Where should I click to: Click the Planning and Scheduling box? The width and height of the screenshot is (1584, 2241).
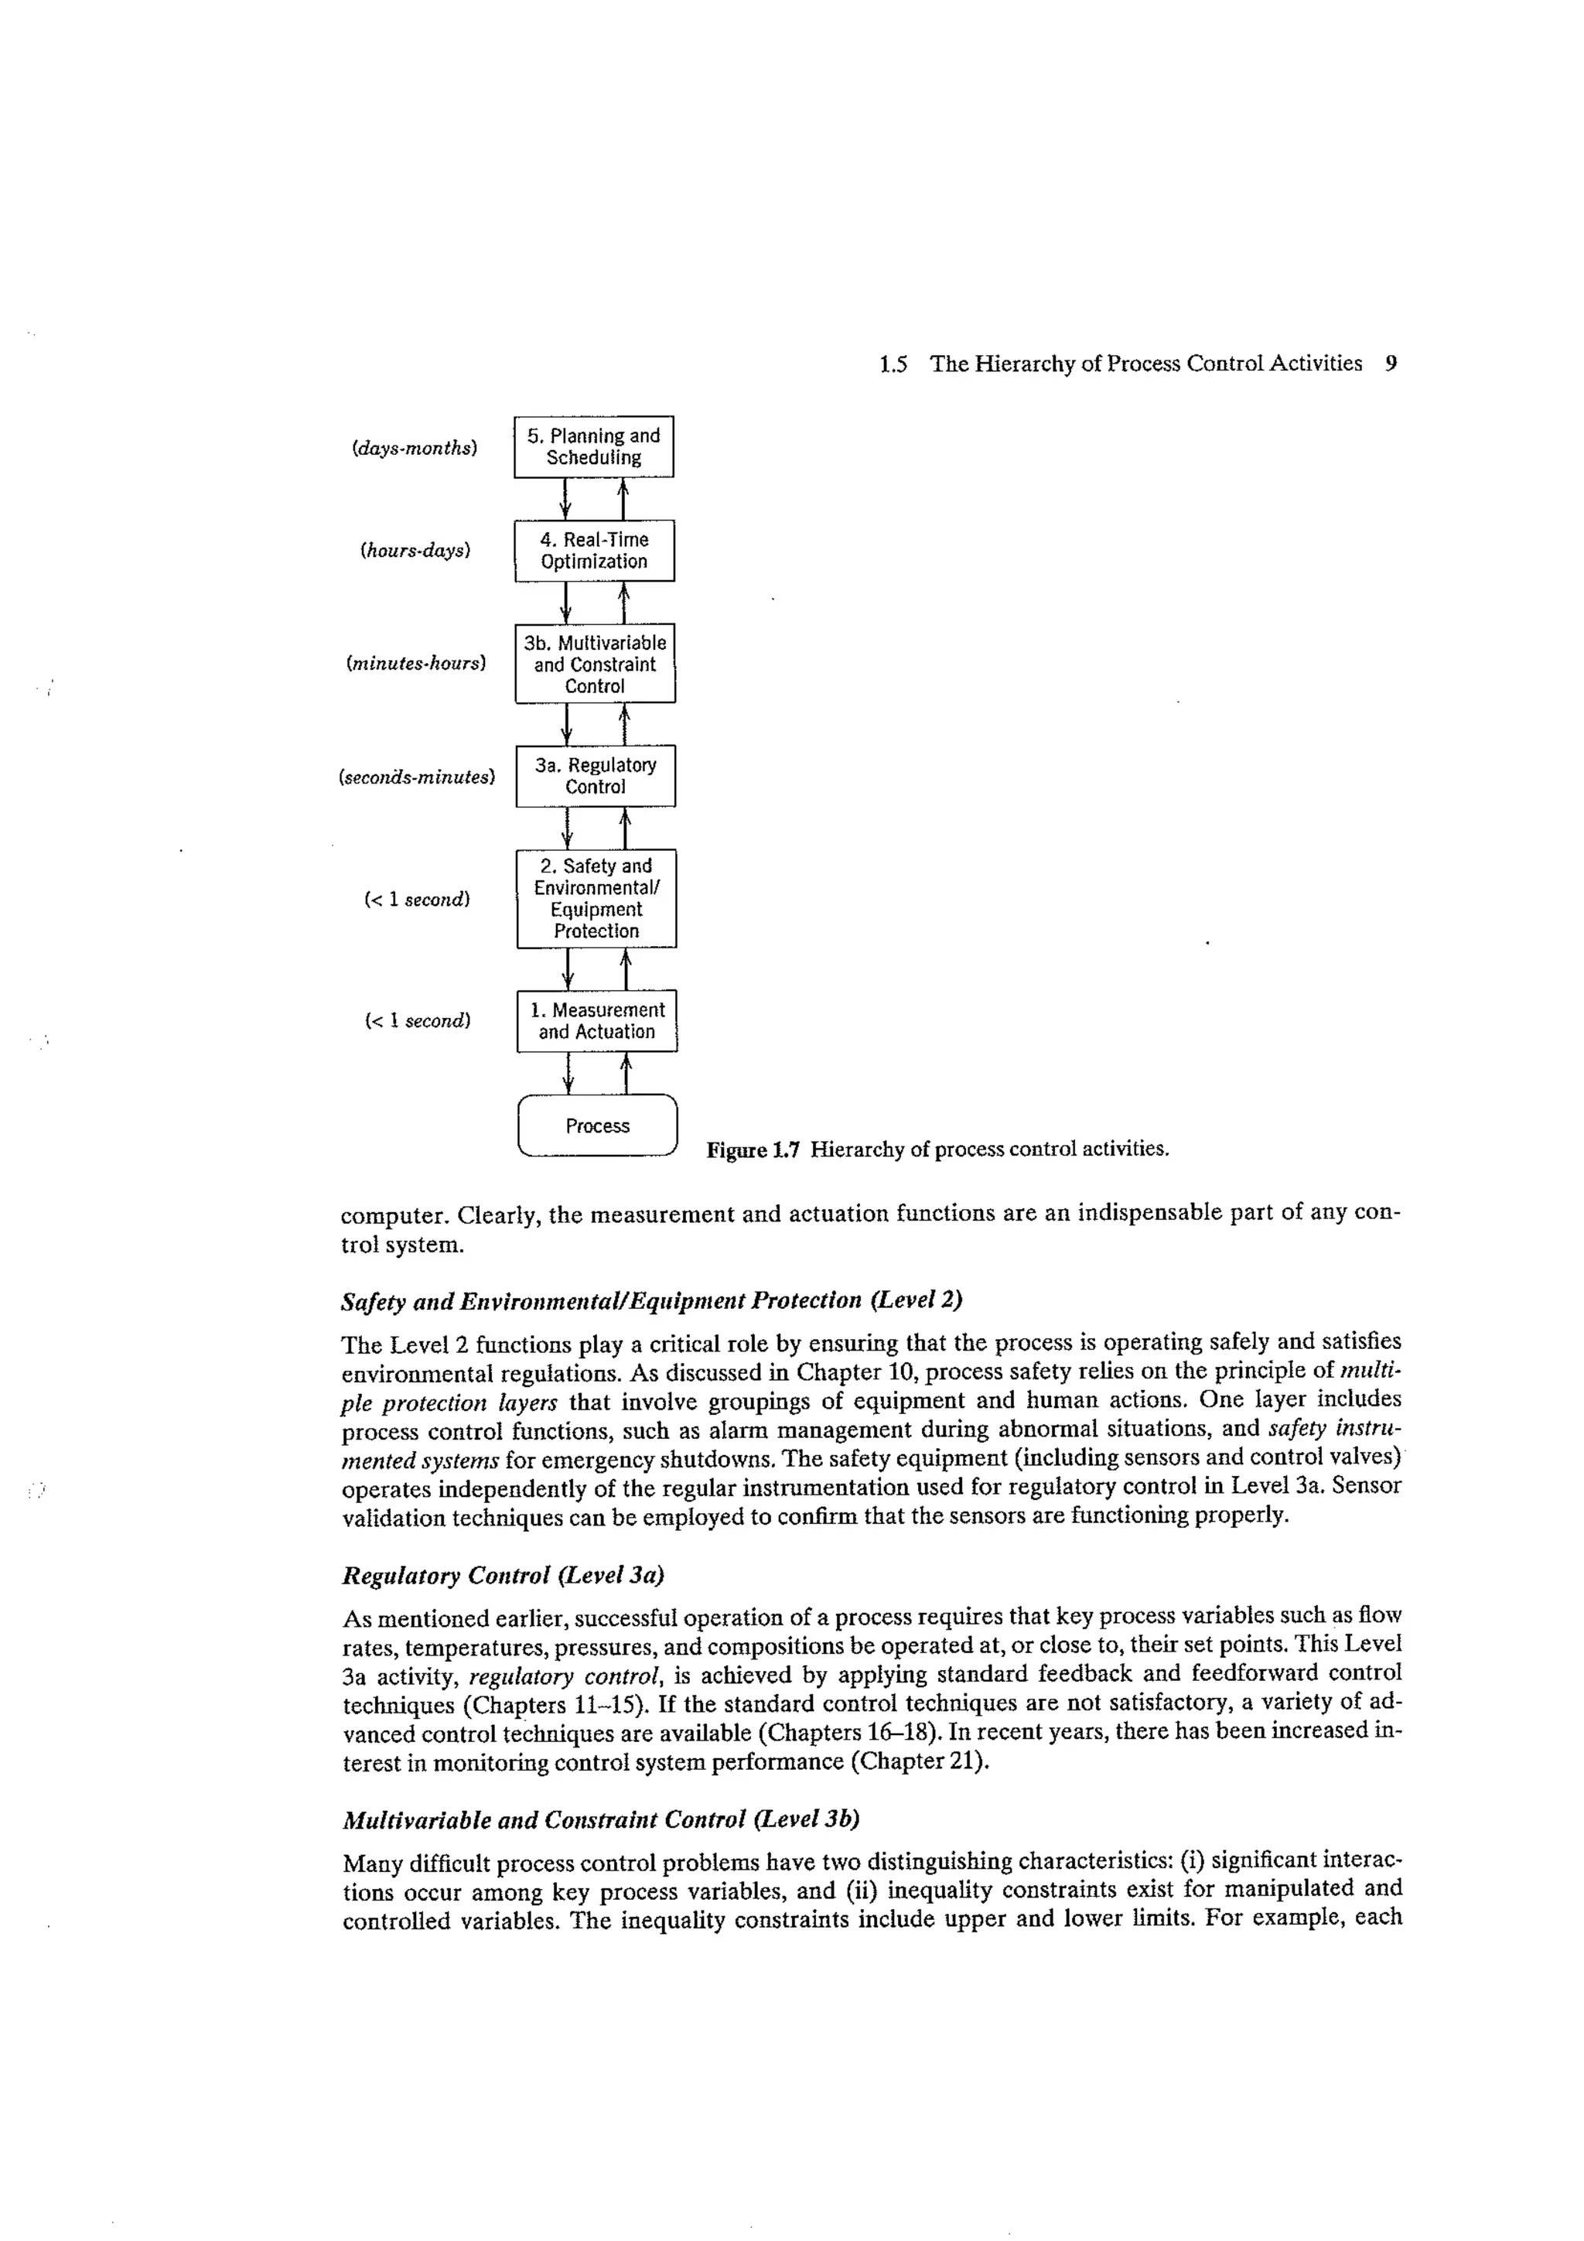click(593, 447)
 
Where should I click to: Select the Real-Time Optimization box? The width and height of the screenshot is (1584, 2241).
click(594, 551)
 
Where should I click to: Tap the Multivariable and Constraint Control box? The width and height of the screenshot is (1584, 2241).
click(596, 664)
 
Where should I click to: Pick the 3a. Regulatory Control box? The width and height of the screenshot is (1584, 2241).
click(596, 776)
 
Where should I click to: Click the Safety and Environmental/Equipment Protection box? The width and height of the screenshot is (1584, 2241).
click(596, 898)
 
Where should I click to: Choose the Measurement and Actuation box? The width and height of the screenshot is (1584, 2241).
click(597, 1021)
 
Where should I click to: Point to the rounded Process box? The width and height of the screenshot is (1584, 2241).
click(597, 1126)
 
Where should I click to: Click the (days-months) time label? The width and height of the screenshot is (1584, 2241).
click(415, 449)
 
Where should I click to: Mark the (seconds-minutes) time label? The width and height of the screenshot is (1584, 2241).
click(417, 778)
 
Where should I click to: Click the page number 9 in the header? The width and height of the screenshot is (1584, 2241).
click(1391, 364)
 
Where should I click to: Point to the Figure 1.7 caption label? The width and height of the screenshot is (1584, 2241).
click(753, 1149)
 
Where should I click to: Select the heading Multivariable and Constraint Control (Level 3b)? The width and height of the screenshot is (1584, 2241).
click(601, 1819)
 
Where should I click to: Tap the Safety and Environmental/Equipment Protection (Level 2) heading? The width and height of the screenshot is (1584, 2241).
click(652, 1300)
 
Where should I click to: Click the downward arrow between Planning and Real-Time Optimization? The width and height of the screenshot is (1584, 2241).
click(566, 499)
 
